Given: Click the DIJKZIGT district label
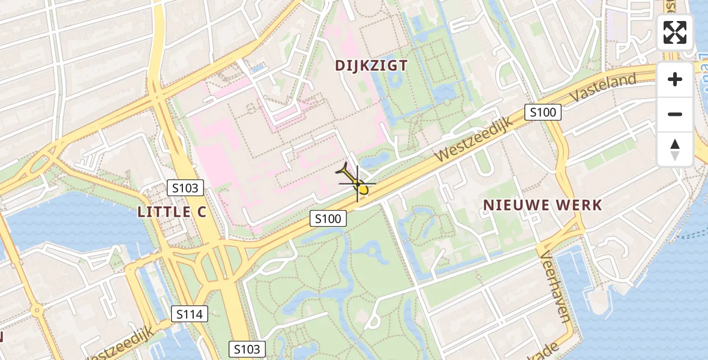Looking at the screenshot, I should [x=371, y=66].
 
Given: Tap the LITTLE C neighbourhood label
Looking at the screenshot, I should [x=172, y=211].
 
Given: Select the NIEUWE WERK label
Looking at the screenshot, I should [x=542, y=205].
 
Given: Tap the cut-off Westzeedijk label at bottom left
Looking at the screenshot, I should [x=120, y=347].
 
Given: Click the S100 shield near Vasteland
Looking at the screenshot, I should [x=542, y=112].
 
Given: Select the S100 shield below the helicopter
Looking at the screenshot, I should [x=328, y=218].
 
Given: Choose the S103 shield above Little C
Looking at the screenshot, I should [x=185, y=188].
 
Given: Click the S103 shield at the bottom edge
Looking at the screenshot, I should [x=247, y=349].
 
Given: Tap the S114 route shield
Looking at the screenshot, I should [x=190, y=313].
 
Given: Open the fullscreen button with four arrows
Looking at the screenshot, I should [x=675, y=32].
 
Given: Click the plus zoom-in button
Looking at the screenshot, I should [x=675, y=79].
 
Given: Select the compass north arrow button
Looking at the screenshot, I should [x=675, y=149].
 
